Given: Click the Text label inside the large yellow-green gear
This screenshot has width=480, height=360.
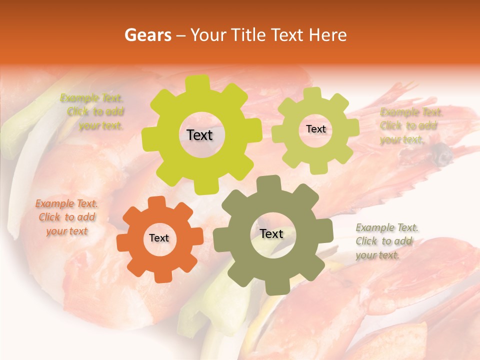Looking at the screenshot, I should click(x=199, y=135).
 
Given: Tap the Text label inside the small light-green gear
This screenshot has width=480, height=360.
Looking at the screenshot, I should click(x=315, y=129).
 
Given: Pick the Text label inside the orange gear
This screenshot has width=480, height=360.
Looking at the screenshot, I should click(x=159, y=238).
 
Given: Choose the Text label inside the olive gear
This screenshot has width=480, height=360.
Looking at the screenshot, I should click(x=271, y=234).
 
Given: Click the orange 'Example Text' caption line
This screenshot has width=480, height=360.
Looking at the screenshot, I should click(x=66, y=204).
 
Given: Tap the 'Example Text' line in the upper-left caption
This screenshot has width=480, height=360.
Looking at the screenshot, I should click(x=91, y=98).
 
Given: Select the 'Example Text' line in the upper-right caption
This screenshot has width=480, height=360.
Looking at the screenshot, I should click(x=411, y=112).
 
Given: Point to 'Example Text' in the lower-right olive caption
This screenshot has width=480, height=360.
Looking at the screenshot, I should click(x=387, y=228).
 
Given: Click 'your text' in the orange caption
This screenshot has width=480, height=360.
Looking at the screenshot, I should click(x=66, y=231).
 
